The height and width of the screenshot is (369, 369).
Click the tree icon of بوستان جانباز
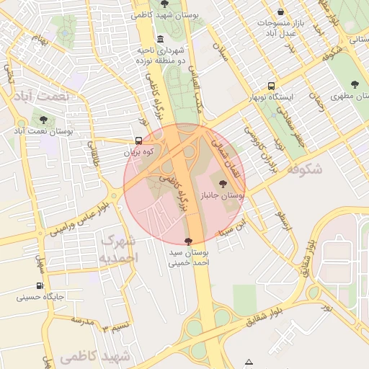coord(221,184)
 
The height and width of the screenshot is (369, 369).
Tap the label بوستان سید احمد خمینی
coord(188,258)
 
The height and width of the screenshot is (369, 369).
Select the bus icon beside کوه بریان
coord(138,141)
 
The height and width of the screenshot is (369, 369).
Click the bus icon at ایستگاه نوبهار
coord(271,86)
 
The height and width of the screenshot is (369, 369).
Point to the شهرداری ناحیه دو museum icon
coord(159,38)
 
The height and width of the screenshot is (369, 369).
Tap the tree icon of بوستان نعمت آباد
coord(44,120)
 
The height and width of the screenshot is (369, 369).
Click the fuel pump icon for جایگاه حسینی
coord(40,285)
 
